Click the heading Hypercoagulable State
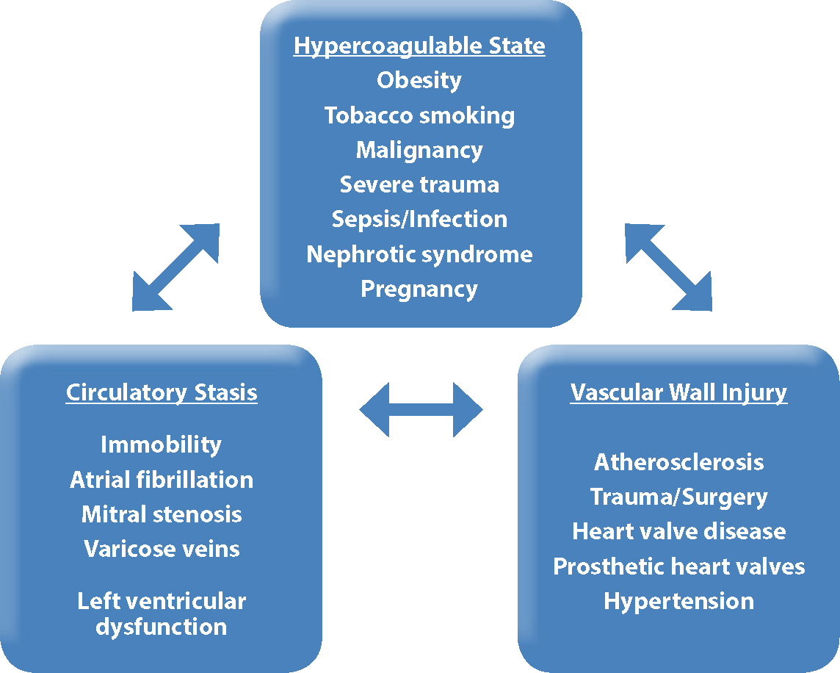pos(419,46)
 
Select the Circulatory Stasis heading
pos(162,393)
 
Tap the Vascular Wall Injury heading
pos(678,393)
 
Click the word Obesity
pos(419,81)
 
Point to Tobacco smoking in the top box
pos(419,116)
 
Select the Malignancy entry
pos(419,151)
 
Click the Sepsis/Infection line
pos(419,220)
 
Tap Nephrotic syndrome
pos(419,255)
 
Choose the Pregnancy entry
pos(419,289)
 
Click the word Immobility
pos(162,445)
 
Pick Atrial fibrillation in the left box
pos(162,480)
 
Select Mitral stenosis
pos(162,514)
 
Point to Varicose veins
pos(162,549)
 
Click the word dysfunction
pos(162,627)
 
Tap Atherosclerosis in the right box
pos(678,462)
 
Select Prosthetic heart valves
pos(678,566)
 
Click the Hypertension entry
pos(678,602)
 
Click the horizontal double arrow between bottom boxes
pos(421,410)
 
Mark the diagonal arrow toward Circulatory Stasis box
pos(175,267)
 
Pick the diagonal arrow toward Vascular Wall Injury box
pos(669,267)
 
